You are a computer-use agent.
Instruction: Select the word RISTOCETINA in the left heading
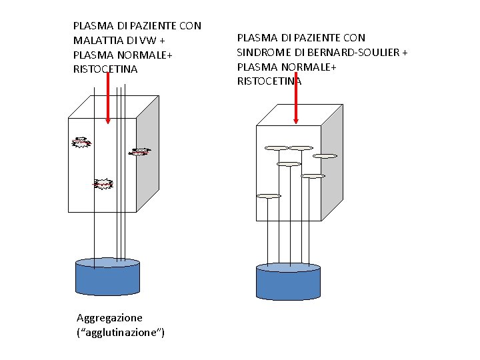click(105, 69)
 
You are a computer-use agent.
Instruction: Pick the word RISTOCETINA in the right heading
click(269, 81)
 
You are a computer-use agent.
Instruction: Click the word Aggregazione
click(109, 317)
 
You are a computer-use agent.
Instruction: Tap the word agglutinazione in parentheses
click(122, 332)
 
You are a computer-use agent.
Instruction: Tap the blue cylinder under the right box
click(288, 282)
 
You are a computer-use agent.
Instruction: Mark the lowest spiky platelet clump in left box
click(103, 183)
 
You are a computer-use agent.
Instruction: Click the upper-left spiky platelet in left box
click(81, 142)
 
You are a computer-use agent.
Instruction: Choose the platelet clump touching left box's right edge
click(139, 151)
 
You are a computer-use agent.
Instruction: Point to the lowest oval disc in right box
click(268, 196)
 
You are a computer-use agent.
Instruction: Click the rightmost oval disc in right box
click(325, 156)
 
